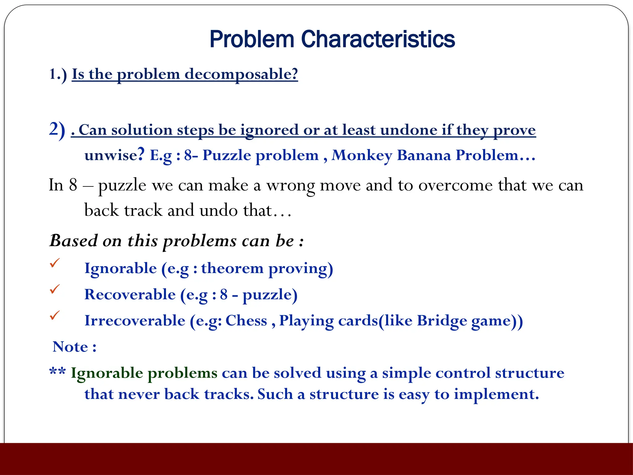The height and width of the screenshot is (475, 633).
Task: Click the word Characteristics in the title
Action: [x=378, y=39]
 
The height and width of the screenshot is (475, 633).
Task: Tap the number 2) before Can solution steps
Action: [x=57, y=129]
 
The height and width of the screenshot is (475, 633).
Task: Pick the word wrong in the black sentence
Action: [x=291, y=186]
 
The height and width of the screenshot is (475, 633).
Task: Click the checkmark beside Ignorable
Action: [x=55, y=263]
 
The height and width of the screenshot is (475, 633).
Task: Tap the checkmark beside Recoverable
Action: [x=55, y=289]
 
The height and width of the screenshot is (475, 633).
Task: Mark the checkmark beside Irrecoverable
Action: [x=55, y=315]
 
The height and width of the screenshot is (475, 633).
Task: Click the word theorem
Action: [x=232, y=268]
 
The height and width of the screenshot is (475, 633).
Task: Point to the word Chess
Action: [x=246, y=321]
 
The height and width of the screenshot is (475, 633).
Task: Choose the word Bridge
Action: [x=442, y=321]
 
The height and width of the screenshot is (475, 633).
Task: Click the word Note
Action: [x=70, y=347]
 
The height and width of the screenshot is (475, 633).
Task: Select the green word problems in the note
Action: [x=182, y=373]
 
